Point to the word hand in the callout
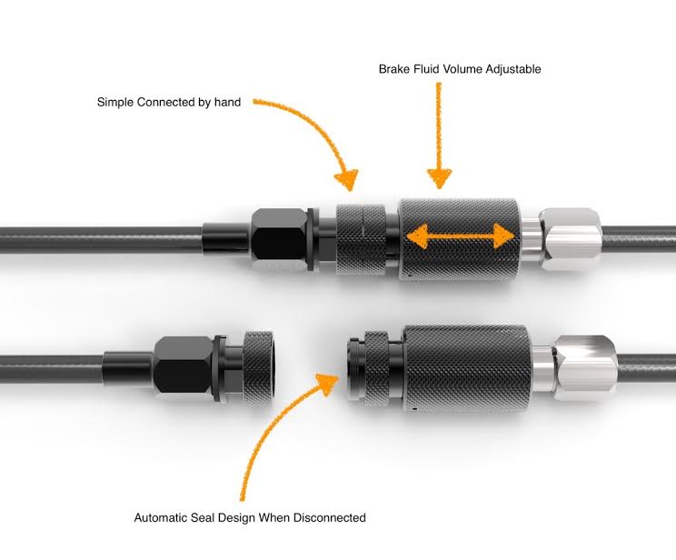228,102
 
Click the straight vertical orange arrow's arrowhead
440,178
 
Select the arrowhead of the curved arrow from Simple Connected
347,179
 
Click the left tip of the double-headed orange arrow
406,236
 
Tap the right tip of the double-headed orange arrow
514,236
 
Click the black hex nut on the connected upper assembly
279,240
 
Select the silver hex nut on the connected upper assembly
570,239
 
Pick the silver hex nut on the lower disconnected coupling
585,368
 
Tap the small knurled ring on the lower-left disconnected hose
259,368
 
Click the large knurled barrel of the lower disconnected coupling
465,368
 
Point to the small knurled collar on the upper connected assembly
362,239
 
